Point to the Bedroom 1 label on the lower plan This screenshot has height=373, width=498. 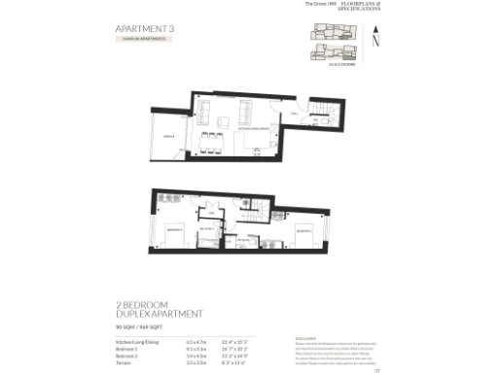click(x=173, y=228)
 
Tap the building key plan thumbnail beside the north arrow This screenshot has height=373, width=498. click(x=332, y=40)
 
